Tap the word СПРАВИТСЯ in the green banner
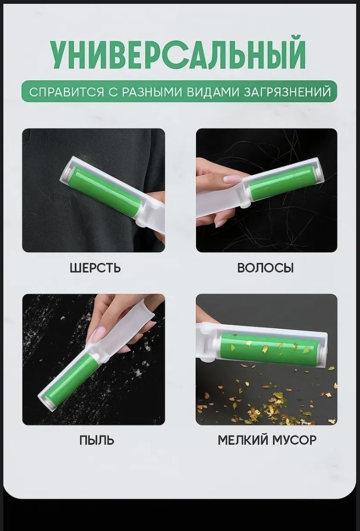point(66,92)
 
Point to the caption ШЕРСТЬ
point(95,268)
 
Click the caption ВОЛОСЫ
point(265,268)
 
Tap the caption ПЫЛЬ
point(97,440)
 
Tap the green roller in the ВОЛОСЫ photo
point(282,183)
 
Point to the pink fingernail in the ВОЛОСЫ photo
point(233,179)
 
